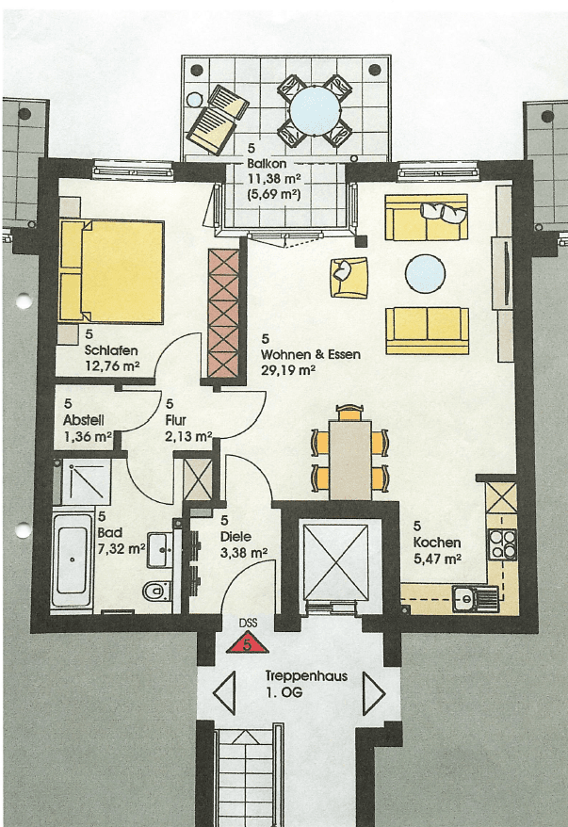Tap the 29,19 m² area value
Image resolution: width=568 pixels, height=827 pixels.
(288, 370)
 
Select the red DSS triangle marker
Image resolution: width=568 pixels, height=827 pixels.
(247, 641)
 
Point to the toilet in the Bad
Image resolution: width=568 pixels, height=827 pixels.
(158, 592)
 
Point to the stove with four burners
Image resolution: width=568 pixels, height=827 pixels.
(502, 543)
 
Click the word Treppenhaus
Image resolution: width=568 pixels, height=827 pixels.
(299, 676)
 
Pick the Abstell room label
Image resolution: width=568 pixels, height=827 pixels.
(84, 420)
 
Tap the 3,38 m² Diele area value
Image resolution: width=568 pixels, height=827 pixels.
(244, 553)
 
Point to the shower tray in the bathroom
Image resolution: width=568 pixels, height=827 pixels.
(85, 483)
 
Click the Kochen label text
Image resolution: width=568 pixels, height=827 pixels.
(436, 543)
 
